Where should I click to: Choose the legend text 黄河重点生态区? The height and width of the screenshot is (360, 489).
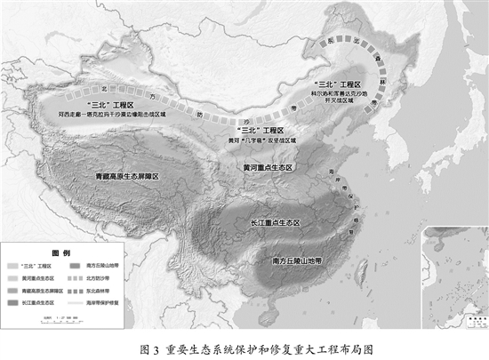(41, 277)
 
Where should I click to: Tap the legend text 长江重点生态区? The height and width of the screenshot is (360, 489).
(41, 303)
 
